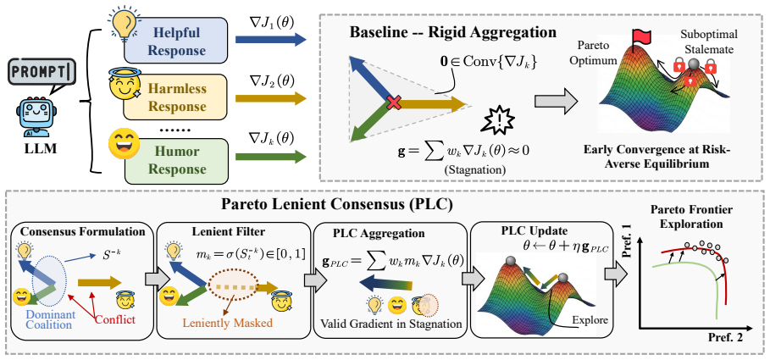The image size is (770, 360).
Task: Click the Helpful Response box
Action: click(x=175, y=41)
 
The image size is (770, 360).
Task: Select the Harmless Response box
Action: click(x=175, y=97)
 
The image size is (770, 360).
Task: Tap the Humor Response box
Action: click(x=175, y=160)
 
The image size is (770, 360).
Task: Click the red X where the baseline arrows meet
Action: click(x=393, y=103)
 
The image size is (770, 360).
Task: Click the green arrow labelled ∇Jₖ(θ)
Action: click(x=271, y=157)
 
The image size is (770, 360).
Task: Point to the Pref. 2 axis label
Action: click(x=723, y=338)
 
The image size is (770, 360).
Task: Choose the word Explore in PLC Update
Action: click(x=590, y=321)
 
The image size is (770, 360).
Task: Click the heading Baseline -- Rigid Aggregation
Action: click(x=453, y=33)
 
